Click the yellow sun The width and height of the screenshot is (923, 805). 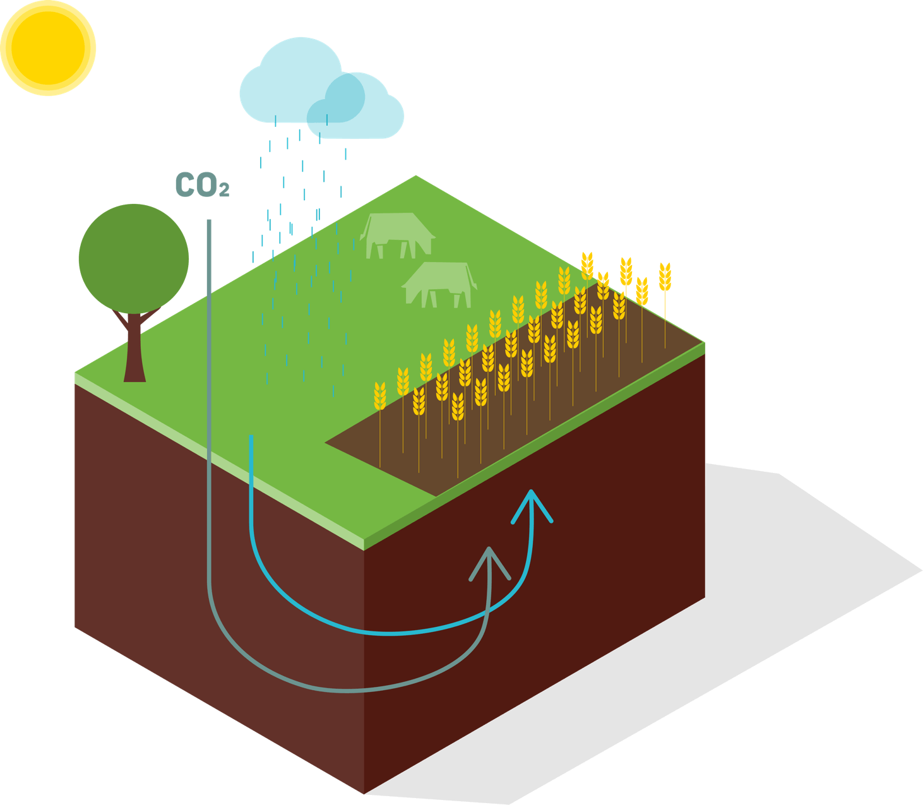pyautogui.click(x=48, y=48)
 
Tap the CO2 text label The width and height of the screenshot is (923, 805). pyautogui.click(x=201, y=185)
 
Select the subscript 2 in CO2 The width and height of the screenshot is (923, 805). pyautogui.click(x=224, y=190)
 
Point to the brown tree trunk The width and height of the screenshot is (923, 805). pyautogui.click(x=134, y=354)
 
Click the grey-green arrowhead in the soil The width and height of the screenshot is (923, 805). pyautogui.click(x=490, y=561)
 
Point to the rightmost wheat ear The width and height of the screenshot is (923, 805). pyautogui.click(x=665, y=277)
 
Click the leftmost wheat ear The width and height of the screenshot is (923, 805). pyautogui.click(x=380, y=397)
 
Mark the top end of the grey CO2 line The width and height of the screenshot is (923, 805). pyautogui.click(x=209, y=221)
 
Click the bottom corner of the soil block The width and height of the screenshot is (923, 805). pyautogui.click(x=365, y=793)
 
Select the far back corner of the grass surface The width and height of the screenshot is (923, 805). pyautogui.click(x=416, y=176)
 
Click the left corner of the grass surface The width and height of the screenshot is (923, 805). pyautogui.click(x=76, y=373)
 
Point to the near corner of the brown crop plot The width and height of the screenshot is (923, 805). pyautogui.click(x=327, y=443)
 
